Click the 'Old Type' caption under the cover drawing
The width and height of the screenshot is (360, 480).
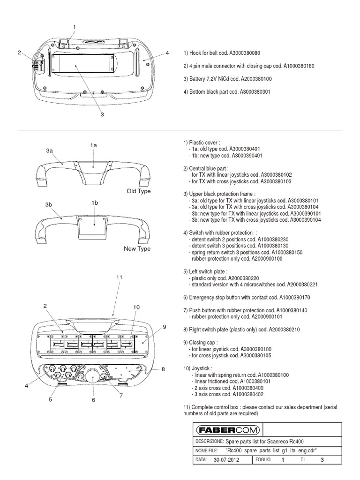[x=138, y=191]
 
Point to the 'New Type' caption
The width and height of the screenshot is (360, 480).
[x=137, y=248]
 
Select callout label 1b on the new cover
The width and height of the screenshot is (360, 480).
[x=95, y=202]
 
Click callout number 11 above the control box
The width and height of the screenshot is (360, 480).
[x=119, y=277]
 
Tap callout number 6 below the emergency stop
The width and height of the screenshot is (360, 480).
[x=93, y=400]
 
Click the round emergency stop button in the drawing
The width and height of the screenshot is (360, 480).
[x=93, y=376]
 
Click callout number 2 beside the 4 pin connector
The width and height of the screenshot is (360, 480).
[x=19, y=52]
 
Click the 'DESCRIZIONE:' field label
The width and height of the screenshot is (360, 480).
[x=209, y=441]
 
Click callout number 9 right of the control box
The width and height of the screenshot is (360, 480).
[x=165, y=327]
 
